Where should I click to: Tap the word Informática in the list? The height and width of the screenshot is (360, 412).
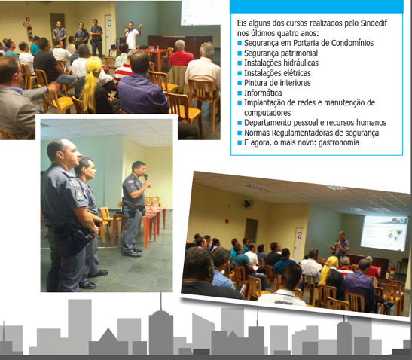(263, 93)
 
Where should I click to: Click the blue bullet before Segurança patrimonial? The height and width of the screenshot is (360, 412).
(240, 53)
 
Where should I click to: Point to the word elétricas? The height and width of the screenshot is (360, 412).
(295, 73)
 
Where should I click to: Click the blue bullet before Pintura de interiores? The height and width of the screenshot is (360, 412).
(240, 83)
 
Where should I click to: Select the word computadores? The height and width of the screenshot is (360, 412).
(267, 113)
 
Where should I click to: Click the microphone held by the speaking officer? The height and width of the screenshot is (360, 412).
(147, 179)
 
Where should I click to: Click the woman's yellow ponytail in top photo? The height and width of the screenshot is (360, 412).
(91, 81)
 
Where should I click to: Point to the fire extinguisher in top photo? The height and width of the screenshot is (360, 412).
(29, 32)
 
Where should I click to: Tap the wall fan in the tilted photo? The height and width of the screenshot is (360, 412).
(247, 203)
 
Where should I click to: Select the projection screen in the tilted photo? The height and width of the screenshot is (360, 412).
(384, 233)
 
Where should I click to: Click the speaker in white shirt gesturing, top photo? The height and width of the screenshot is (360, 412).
(132, 35)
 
